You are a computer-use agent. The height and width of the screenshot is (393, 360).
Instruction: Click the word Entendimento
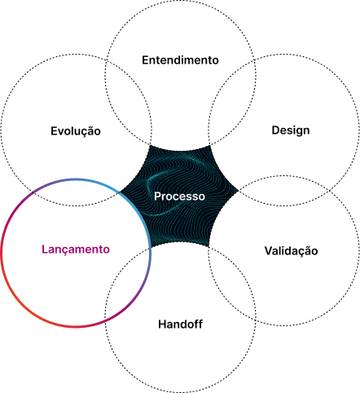coord(180,60)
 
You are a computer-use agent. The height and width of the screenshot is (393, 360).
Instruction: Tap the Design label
coord(291,130)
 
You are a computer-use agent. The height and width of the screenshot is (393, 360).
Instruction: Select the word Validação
coord(292,250)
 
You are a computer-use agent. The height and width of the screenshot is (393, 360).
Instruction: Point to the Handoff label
coord(180,324)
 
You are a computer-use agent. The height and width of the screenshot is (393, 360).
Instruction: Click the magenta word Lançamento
coord(76,249)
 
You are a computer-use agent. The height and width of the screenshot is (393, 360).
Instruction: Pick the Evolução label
coord(76,130)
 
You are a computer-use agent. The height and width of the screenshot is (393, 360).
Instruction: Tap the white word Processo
coord(179,196)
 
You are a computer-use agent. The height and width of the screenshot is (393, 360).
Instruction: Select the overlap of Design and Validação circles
coord(283,191)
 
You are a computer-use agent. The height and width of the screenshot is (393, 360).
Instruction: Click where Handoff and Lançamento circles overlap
coord(128,283)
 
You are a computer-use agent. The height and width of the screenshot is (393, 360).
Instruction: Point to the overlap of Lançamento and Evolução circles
coord(76,192)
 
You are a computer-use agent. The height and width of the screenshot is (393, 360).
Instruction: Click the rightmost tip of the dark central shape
coord(238,191)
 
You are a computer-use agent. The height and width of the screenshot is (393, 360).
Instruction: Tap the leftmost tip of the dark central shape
coord(120,192)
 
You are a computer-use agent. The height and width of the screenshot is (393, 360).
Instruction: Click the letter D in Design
coord(275,130)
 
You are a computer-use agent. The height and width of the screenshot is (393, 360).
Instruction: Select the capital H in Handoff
coord(162,324)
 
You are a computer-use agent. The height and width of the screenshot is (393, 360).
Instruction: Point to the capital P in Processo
coord(157,196)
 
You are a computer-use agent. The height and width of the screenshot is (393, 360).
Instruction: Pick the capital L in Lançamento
coord(45,249)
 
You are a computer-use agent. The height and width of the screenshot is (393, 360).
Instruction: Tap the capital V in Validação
coord(269,250)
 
